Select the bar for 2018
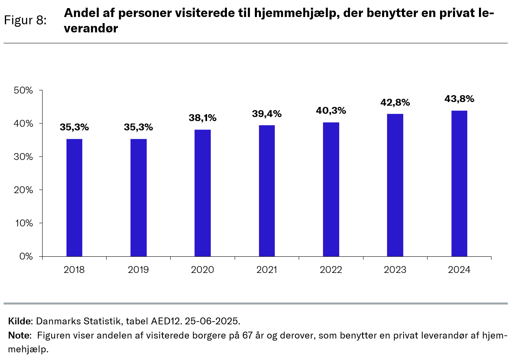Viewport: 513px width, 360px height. click(x=74, y=198)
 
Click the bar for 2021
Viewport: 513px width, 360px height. click(x=267, y=191)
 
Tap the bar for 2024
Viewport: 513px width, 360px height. click(x=459, y=183)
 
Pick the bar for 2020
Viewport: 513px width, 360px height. click(x=203, y=193)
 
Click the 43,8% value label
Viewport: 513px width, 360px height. click(x=459, y=99)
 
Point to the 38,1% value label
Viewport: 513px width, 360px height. click(x=203, y=118)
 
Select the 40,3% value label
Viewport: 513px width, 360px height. click(x=331, y=111)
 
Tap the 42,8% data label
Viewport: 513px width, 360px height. click(x=395, y=102)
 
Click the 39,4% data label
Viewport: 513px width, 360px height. click(x=267, y=114)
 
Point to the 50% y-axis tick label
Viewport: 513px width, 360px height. click(x=24, y=90)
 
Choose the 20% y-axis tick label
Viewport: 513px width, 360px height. click(x=24, y=190)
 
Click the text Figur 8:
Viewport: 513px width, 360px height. click(x=25, y=20)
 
